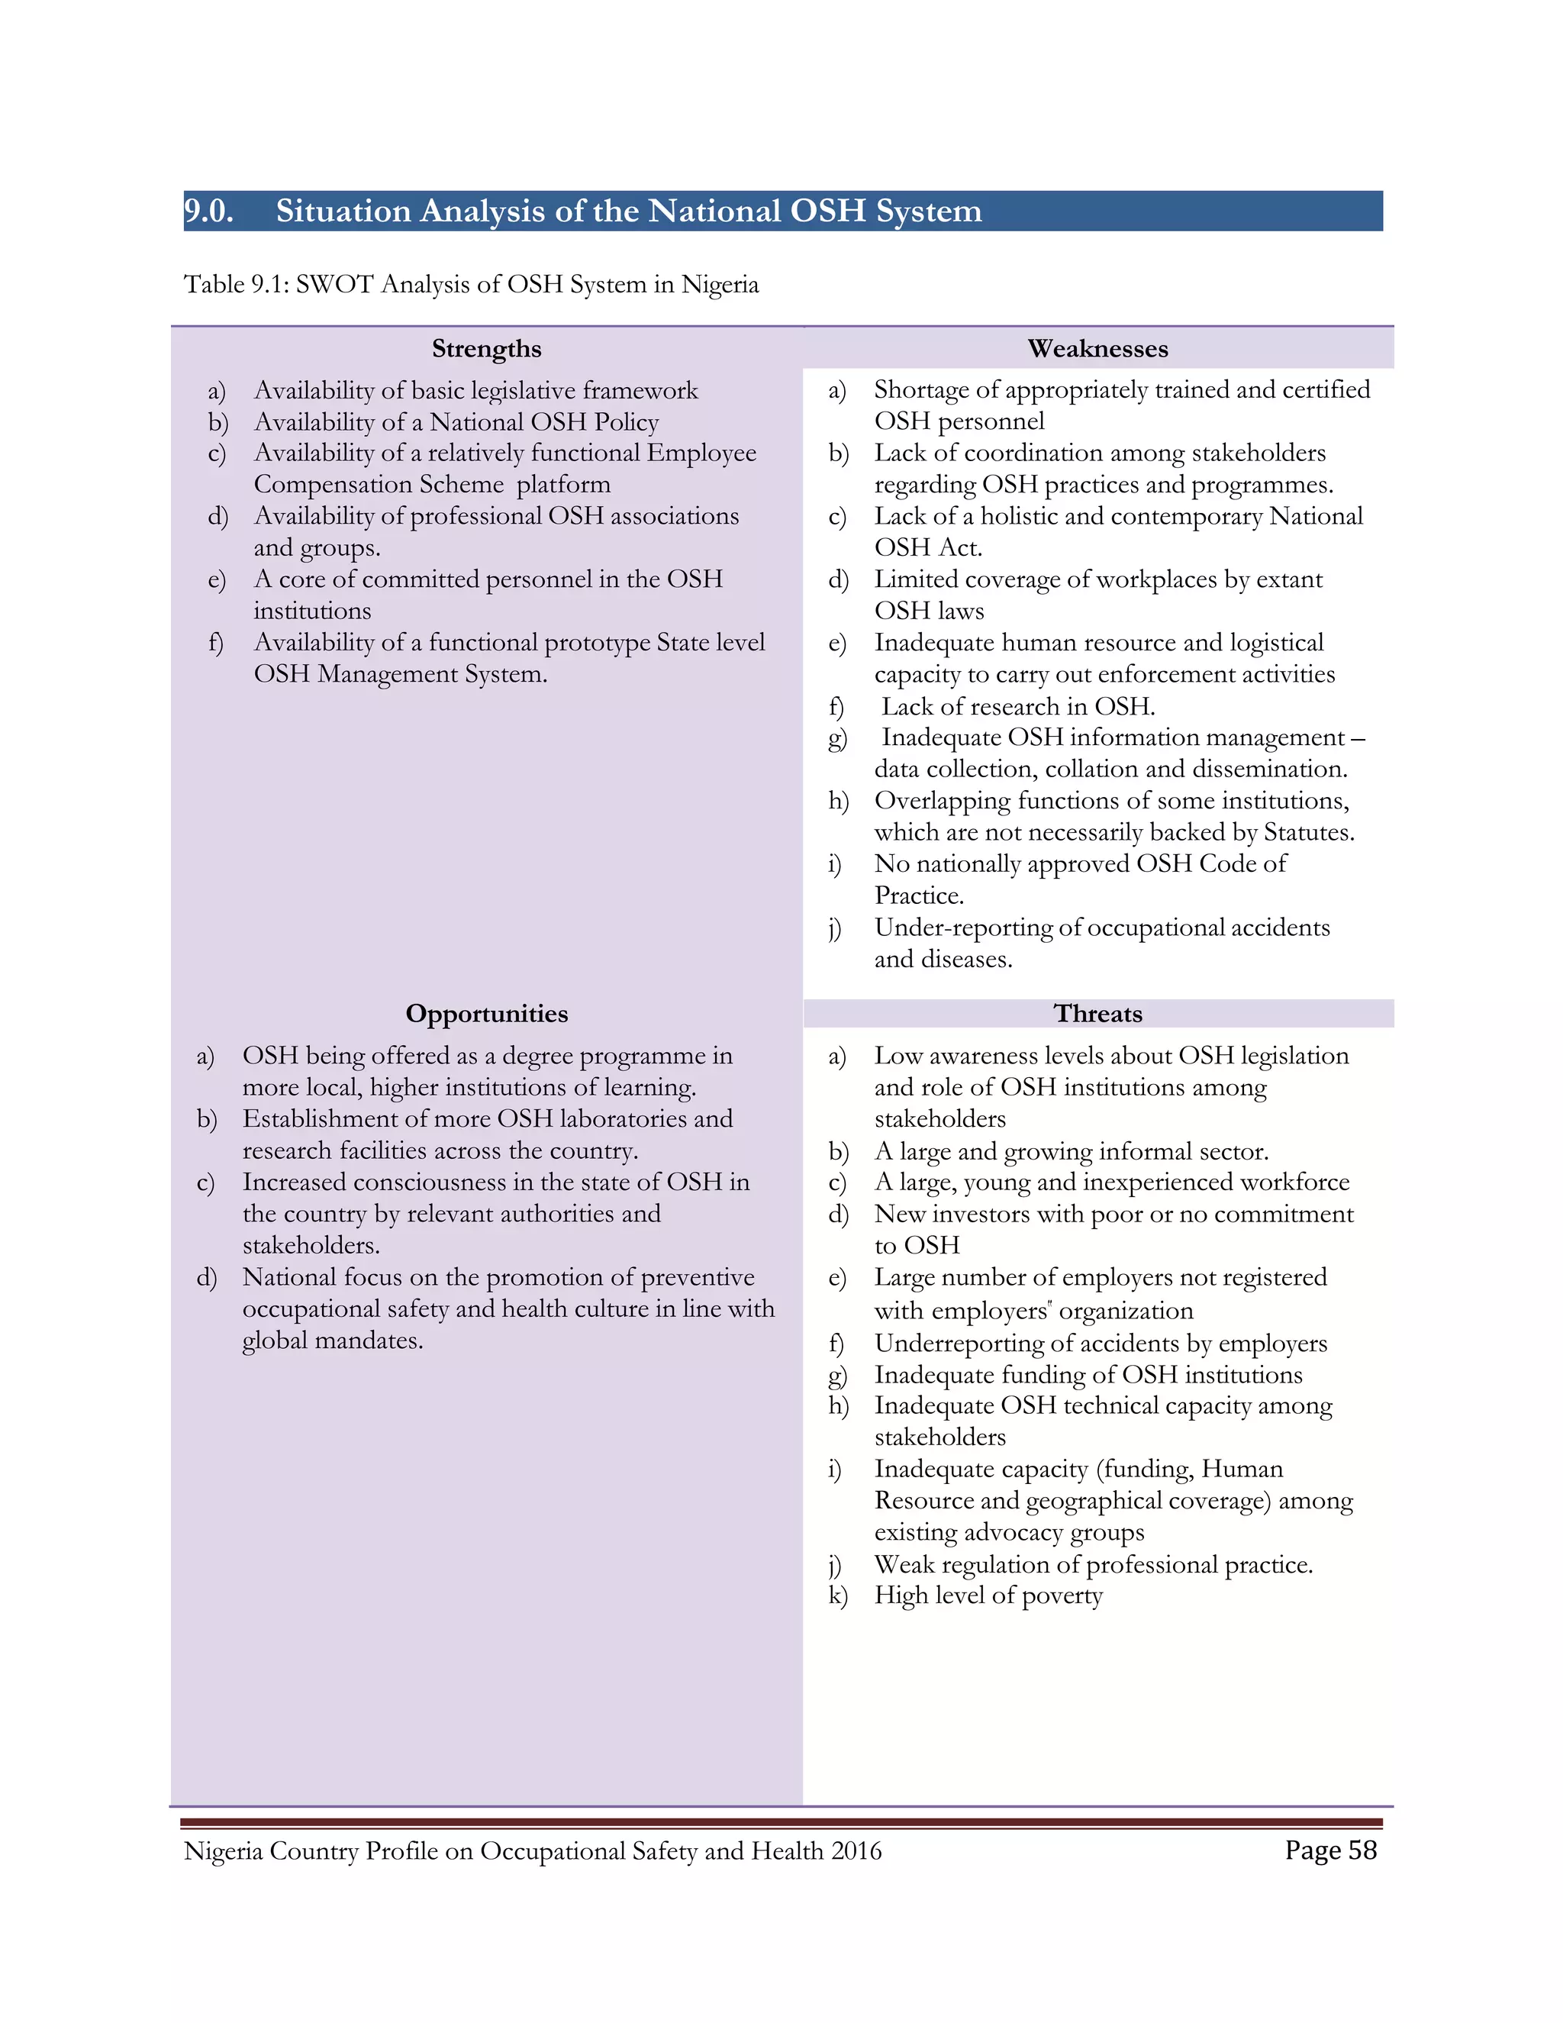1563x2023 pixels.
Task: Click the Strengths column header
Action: (x=486, y=349)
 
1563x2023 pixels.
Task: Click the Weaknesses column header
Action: (x=1097, y=349)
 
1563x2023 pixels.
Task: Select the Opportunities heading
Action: (x=486, y=1013)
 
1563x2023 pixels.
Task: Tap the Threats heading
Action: (x=1097, y=1013)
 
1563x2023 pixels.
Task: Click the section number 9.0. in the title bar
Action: (x=208, y=211)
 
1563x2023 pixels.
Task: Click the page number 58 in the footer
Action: (x=1362, y=1850)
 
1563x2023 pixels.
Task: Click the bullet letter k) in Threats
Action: (x=837, y=1596)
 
